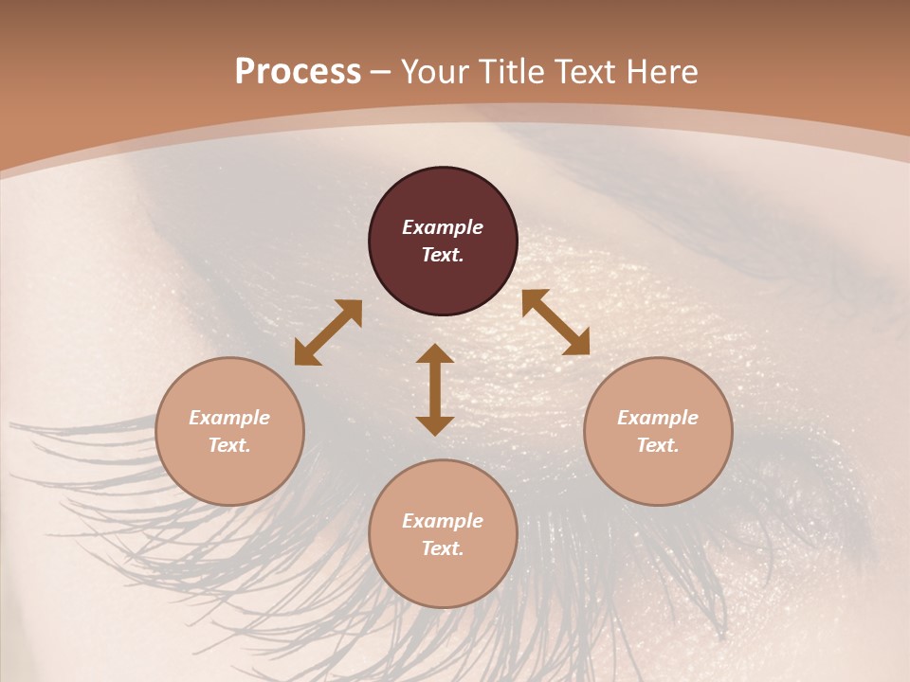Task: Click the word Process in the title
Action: pos(298,72)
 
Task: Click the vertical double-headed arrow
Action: pos(435,389)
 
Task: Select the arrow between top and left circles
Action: pos(328,332)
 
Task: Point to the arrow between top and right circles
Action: pos(555,322)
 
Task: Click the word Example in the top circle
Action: pos(443,227)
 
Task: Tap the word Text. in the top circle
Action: pos(443,255)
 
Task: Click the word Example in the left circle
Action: pos(229,418)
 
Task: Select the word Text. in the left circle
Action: pos(229,445)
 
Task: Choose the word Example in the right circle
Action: pos(658,418)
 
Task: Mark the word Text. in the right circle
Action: pos(658,445)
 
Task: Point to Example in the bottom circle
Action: pos(443,521)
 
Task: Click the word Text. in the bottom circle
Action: pos(443,548)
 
